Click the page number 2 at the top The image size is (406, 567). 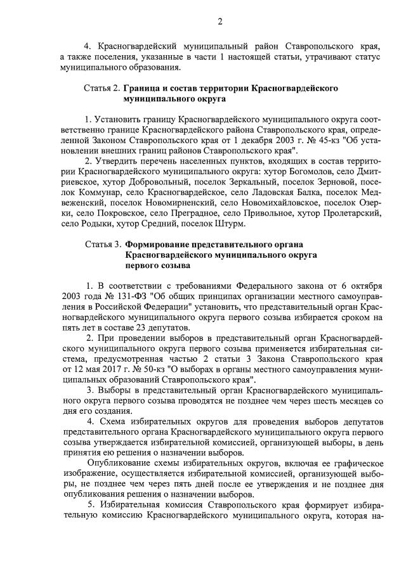coord(220,22)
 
